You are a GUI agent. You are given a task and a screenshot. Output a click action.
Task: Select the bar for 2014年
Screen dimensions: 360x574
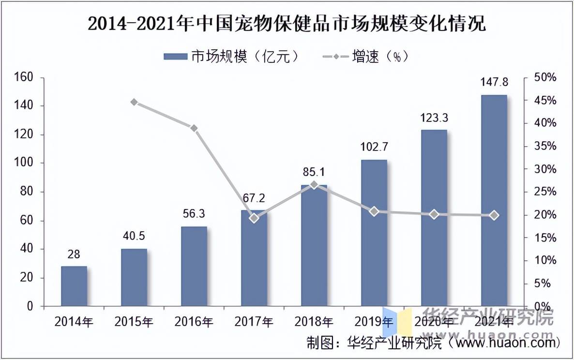point(74,286)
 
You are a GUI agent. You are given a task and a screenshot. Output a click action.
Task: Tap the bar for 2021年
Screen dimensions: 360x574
point(494,201)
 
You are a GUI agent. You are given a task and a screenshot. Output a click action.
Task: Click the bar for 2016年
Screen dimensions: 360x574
point(194,266)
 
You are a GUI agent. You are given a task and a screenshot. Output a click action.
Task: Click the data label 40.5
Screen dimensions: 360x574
point(134,237)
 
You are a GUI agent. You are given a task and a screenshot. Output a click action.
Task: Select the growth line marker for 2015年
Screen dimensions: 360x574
point(134,102)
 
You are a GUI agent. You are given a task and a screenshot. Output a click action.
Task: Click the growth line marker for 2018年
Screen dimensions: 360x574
point(314,184)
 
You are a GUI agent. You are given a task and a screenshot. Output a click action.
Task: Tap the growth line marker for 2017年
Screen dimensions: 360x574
point(254,218)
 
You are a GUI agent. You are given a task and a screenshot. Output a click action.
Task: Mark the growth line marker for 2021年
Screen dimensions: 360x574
point(494,215)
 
